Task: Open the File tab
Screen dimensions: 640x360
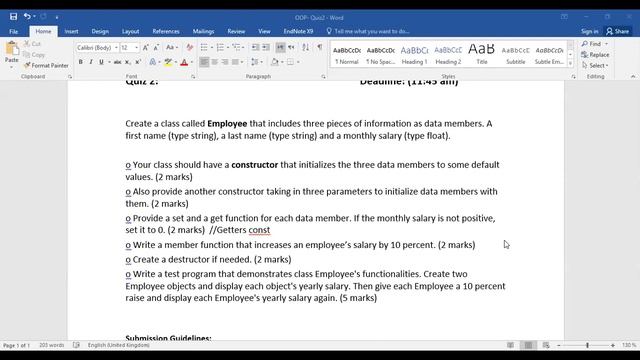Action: click(x=14, y=31)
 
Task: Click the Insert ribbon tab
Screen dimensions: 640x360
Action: click(x=71, y=31)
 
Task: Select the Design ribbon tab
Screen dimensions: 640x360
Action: click(x=102, y=31)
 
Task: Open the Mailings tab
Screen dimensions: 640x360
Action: click(x=203, y=31)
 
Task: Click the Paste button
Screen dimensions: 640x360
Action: click(x=11, y=56)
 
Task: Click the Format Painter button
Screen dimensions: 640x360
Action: click(x=46, y=65)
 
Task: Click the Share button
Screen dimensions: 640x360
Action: click(x=618, y=31)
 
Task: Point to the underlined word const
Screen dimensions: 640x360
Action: click(x=260, y=230)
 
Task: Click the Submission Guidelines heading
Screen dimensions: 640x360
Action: click(x=168, y=339)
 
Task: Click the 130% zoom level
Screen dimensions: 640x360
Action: click(x=628, y=345)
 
